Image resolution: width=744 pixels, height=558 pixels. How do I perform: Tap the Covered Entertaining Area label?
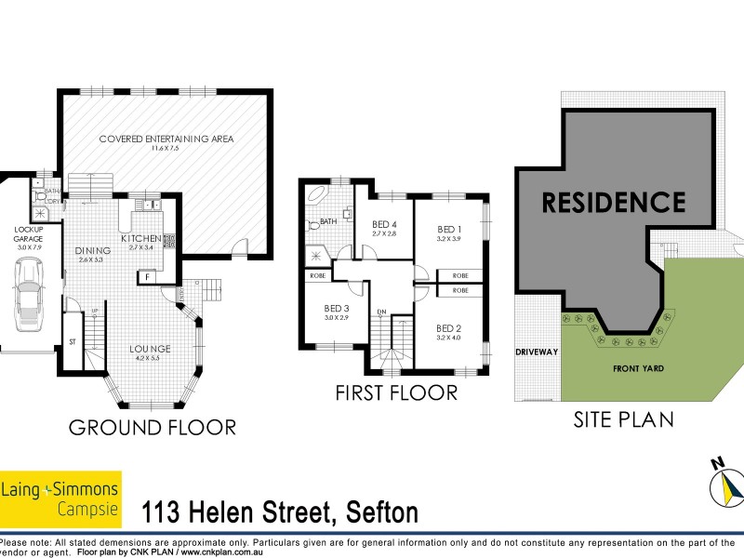click(x=166, y=139)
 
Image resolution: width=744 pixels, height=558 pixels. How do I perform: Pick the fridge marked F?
click(x=146, y=276)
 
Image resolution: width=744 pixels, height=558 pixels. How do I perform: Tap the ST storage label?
click(x=72, y=342)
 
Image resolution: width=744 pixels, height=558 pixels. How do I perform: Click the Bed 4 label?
click(x=384, y=224)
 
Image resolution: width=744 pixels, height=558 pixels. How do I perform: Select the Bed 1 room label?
click(x=450, y=229)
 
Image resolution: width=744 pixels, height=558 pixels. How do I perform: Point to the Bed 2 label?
click(x=449, y=328)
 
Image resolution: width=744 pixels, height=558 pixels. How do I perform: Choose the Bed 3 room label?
click(x=337, y=309)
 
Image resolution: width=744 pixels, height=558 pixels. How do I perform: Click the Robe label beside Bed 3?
click(x=316, y=275)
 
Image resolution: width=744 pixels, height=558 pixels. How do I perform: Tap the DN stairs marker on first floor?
click(x=381, y=312)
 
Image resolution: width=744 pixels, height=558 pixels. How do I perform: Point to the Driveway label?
click(x=538, y=352)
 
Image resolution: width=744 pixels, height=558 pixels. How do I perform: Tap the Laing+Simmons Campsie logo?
click(x=60, y=498)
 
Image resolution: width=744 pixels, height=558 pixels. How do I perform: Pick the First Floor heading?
click(x=396, y=392)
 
